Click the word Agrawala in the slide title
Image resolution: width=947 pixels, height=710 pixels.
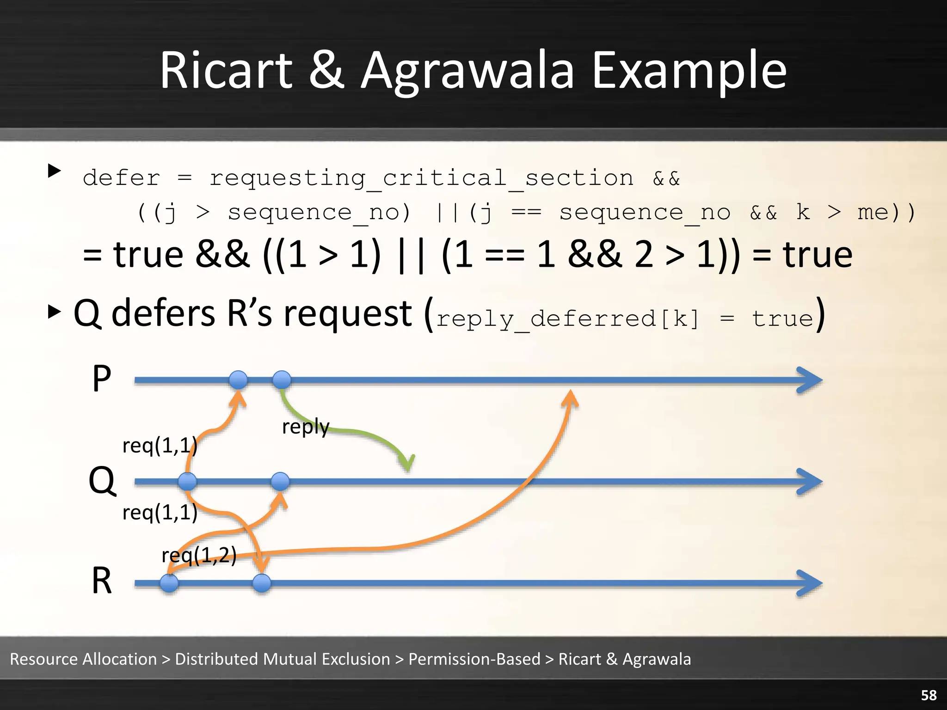pos(467,72)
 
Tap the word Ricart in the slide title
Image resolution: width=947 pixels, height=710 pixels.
pos(226,72)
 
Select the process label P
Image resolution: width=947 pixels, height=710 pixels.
pos(102,379)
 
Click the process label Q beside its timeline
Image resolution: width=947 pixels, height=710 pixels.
pos(102,481)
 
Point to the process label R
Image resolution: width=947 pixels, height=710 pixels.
pos(102,581)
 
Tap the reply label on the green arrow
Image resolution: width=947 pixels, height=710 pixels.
pos(306,426)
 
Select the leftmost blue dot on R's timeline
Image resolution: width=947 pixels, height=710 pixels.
pos(169,583)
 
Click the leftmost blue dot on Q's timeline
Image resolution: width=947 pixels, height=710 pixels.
pos(187,481)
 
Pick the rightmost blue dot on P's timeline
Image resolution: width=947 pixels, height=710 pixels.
pos(282,380)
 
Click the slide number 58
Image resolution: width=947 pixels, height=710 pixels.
pos(929,695)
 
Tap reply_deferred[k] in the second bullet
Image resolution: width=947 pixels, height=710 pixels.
pos(567,319)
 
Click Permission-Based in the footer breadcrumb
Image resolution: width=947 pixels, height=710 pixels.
pos(474,659)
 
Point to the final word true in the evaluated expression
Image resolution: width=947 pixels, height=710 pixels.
pos(817,255)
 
